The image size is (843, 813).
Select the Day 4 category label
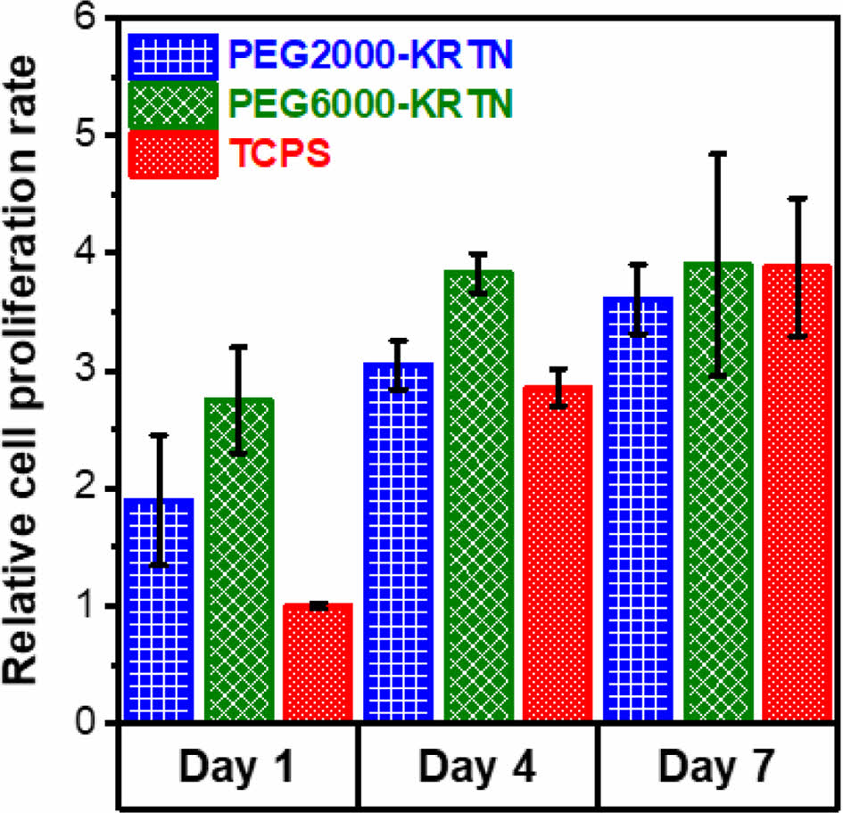[477, 766]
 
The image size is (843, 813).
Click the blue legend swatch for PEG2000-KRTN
[172, 56]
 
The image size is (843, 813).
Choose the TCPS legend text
[283, 154]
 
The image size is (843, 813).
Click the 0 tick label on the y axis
[87, 723]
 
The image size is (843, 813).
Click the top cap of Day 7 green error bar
[718, 154]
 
